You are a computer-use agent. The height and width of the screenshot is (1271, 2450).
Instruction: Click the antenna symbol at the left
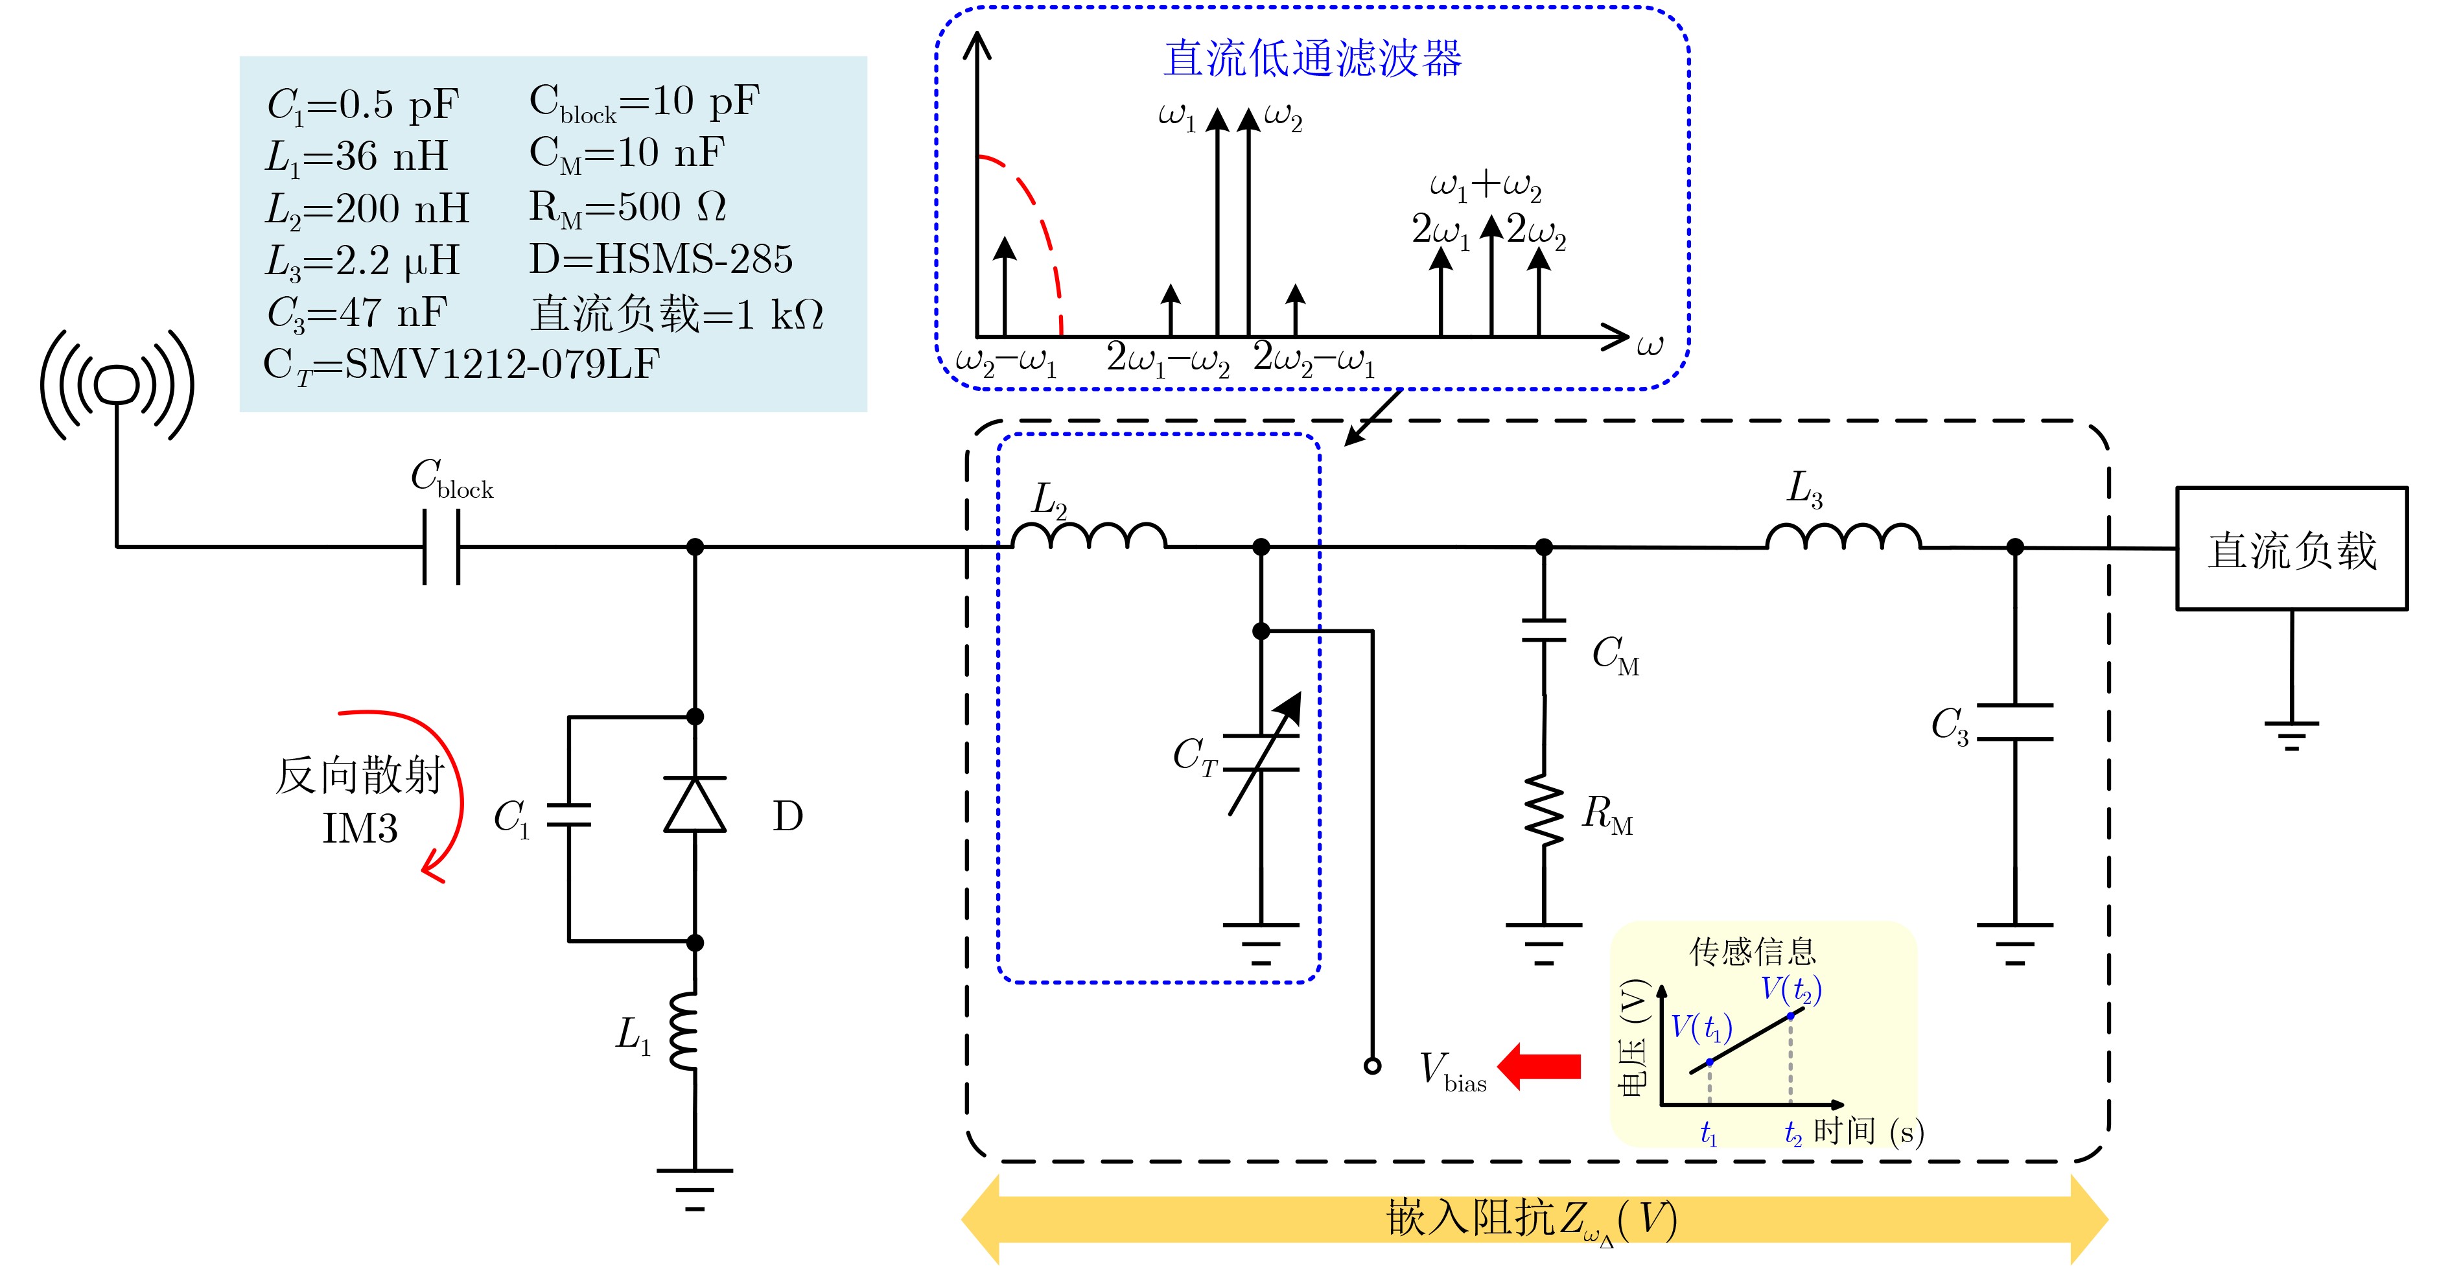tap(117, 385)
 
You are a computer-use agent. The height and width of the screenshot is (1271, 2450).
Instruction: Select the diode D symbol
tap(695, 805)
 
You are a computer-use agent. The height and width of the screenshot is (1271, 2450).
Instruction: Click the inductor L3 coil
tap(1843, 537)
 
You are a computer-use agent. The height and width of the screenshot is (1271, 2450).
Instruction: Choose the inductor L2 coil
tap(1089, 537)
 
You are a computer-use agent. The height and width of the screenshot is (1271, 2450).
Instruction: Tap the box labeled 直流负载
tap(2292, 549)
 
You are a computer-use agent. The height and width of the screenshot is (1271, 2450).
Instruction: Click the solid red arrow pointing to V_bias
tap(1541, 1066)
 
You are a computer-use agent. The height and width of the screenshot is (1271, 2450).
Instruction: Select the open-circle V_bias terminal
tap(1372, 1066)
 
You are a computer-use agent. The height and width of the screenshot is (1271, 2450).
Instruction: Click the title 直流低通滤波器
tap(1312, 59)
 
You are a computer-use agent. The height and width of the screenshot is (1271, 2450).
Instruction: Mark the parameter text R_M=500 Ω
tap(627, 207)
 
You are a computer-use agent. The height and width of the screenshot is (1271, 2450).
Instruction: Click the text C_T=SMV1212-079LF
tap(461, 364)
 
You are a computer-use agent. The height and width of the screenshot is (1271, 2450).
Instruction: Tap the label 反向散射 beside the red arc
tap(360, 775)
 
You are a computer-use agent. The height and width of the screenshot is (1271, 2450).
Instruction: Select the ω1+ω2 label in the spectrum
tap(1486, 185)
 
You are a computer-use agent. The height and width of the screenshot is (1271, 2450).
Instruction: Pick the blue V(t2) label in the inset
tap(1790, 990)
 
